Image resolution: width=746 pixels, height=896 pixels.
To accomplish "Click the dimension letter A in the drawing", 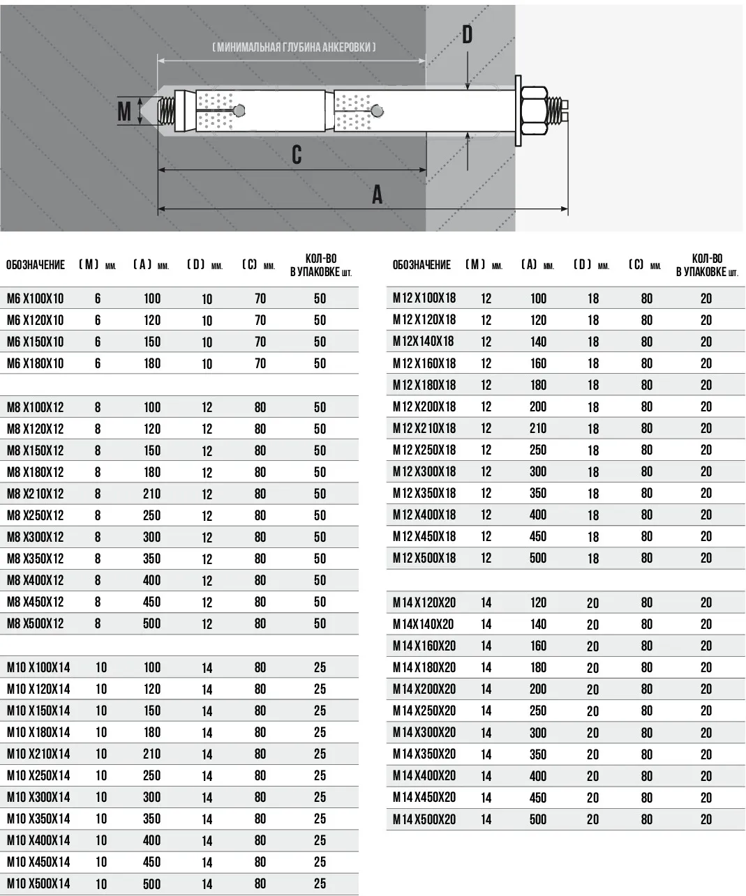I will click(377, 194).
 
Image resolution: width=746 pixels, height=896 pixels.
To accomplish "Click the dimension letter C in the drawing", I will click(297, 154).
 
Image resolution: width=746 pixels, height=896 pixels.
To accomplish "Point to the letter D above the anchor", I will click(467, 34).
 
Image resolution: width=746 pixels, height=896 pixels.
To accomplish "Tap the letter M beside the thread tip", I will click(124, 111).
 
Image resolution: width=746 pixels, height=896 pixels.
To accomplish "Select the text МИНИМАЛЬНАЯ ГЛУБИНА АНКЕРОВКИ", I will click(294, 47).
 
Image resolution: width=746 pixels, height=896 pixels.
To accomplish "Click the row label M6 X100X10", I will click(35, 298).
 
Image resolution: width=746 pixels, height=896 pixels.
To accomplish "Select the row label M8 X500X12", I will click(35, 623).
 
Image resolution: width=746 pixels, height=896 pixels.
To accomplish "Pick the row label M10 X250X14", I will click(38, 775).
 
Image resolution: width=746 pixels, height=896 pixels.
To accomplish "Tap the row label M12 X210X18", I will click(424, 428).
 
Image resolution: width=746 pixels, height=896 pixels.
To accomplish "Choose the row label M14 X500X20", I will click(424, 819).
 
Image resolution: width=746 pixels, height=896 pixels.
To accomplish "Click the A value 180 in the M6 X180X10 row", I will click(151, 363).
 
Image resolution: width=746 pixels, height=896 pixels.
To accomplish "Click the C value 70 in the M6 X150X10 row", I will click(260, 342).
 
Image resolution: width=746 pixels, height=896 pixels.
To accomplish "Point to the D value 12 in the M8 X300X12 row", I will click(207, 538).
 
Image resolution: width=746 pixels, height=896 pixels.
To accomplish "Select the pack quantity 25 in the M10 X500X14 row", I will click(320, 883).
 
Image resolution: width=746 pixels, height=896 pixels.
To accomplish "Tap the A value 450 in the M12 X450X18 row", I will click(537, 536).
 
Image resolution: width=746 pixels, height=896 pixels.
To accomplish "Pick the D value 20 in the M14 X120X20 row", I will click(592, 603).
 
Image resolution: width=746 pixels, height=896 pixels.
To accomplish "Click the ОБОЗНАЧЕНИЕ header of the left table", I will click(36, 265).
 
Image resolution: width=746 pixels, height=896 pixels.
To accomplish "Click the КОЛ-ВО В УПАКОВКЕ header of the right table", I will click(706, 265).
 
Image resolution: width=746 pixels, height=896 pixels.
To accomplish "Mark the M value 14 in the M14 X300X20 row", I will click(486, 733).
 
